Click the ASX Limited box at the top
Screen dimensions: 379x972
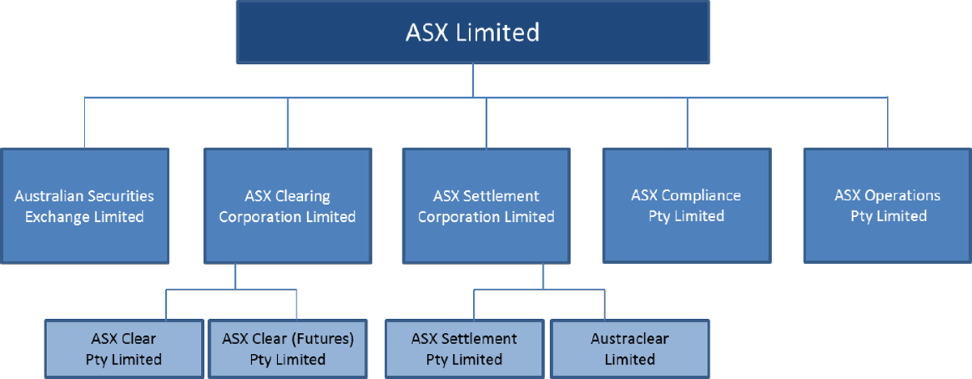pos(473,32)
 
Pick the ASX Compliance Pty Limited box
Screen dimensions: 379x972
pos(685,205)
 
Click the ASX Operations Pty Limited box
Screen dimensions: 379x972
pos(888,205)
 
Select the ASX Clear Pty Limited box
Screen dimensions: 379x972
pos(124,348)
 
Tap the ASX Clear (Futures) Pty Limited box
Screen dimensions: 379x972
pos(288,348)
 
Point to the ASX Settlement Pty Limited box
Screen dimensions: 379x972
pos(464,348)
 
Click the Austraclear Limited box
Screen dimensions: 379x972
pos(629,348)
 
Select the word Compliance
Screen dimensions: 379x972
pos(701,195)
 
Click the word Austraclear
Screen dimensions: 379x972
pos(629,339)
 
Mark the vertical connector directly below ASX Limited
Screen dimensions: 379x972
pos(473,81)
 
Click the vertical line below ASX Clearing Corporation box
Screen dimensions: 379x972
pos(235,276)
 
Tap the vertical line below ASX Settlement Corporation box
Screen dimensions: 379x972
pos(544,276)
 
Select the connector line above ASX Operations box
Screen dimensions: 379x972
pos(888,123)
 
